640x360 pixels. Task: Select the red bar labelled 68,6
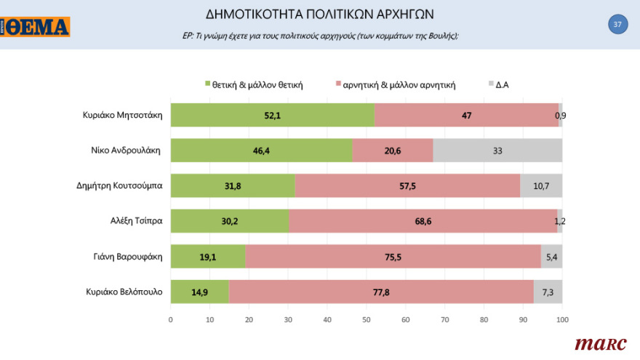click(x=423, y=221)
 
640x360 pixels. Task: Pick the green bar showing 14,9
click(x=199, y=292)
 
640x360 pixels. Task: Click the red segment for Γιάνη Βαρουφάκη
click(x=393, y=256)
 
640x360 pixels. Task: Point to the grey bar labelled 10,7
click(x=541, y=186)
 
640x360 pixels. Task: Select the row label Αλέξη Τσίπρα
click(x=135, y=221)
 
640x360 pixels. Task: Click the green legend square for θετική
click(x=207, y=84)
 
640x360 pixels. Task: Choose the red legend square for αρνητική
click(x=337, y=84)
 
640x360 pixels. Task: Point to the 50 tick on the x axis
click(x=367, y=319)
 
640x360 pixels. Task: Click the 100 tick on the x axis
click(x=562, y=319)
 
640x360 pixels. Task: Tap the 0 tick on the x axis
click(x=171, y=319)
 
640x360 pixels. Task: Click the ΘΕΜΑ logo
click(x=36, y=27)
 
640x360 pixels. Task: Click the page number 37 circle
click(x=617, y=24)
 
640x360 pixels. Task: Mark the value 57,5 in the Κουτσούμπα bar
click(x=407, y=186)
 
